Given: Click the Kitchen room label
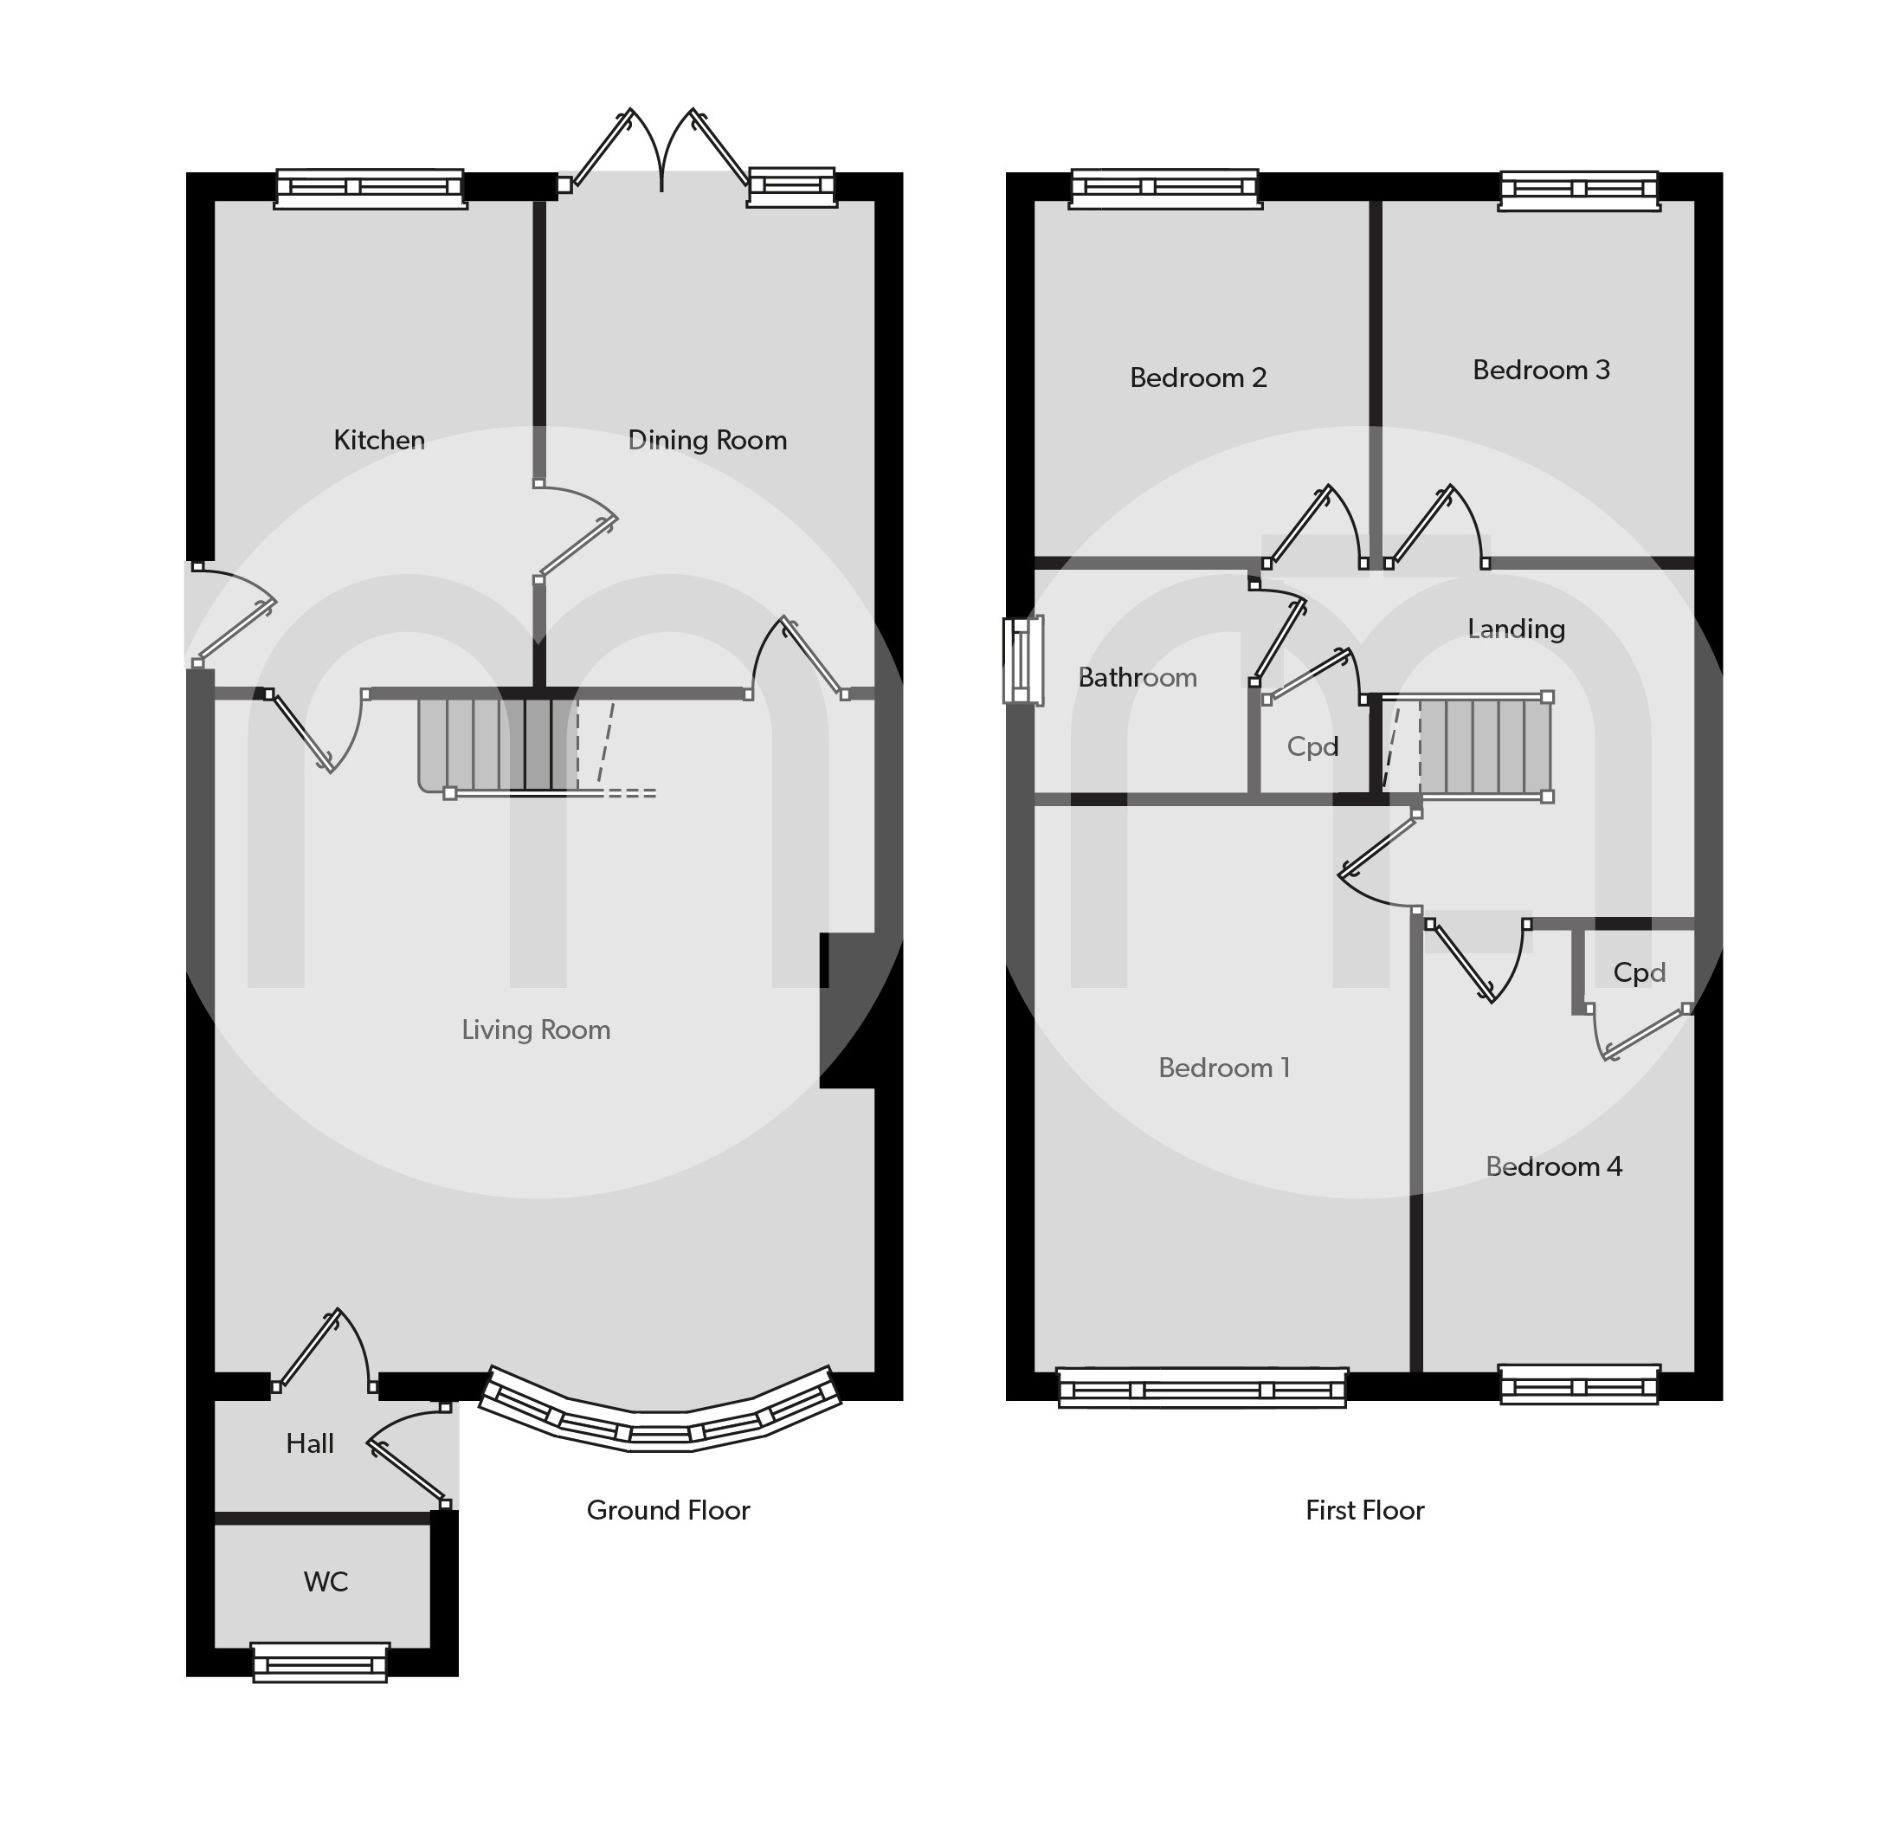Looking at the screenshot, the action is (379, 440).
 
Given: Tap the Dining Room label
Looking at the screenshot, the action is (708, 441).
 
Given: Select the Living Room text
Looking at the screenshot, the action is (536, 1030).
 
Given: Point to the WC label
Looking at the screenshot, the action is (326, 1582).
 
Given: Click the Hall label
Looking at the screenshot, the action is (309, 1443).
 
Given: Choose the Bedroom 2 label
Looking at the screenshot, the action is (1198, 378).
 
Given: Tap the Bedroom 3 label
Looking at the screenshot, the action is (1541, 371).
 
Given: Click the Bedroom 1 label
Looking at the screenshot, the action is (1224, 1068).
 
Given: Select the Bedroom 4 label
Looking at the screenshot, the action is (1554, 1167).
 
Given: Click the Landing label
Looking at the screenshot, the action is (1516, 629).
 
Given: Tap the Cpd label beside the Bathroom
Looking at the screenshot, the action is (1312, 746).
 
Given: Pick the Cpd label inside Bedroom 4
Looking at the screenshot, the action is (1639, 972).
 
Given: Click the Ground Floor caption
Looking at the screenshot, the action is (668, 1510).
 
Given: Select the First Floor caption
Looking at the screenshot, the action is (1364, 1510).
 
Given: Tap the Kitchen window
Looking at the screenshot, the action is (371, 188).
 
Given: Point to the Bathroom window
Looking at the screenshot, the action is (1023, 661).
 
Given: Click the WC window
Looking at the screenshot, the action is (320, 1662).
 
